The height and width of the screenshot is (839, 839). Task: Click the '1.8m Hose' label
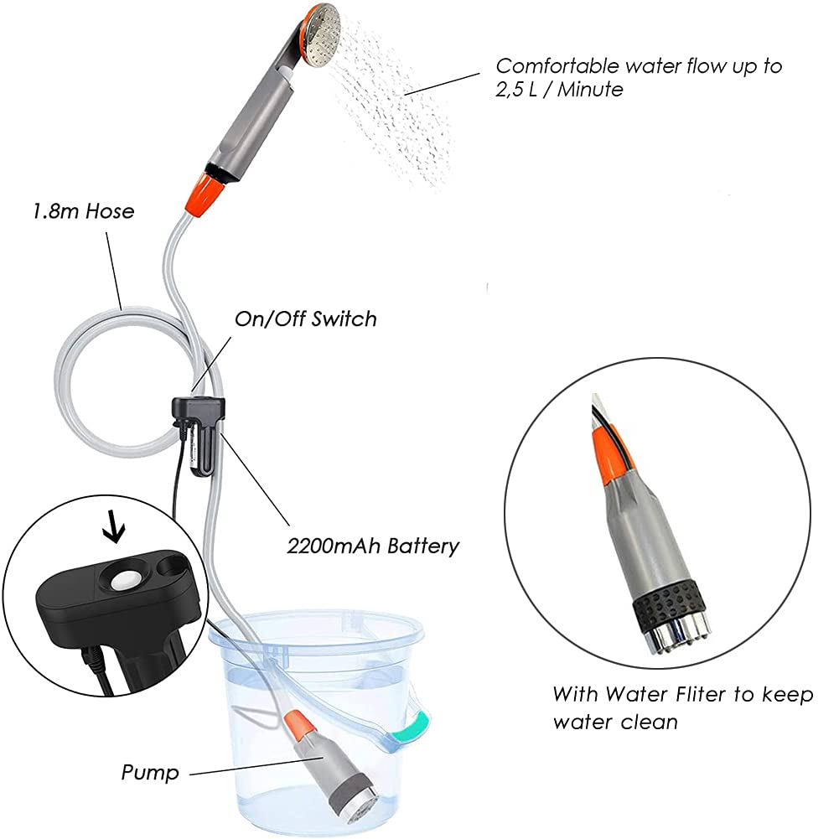(84, 211)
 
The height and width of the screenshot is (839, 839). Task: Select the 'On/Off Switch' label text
(306, 319)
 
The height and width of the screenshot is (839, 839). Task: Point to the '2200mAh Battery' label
(373, 546)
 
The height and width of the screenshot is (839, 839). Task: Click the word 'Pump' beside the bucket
(150, 773)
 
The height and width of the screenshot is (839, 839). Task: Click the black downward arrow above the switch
(113, 527)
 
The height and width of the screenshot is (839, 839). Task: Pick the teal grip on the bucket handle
(413, 726)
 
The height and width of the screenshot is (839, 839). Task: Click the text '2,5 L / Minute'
(559, 90)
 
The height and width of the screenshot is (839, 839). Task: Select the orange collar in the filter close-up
(612, 455)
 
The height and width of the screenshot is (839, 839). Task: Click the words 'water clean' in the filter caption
(615, 722)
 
